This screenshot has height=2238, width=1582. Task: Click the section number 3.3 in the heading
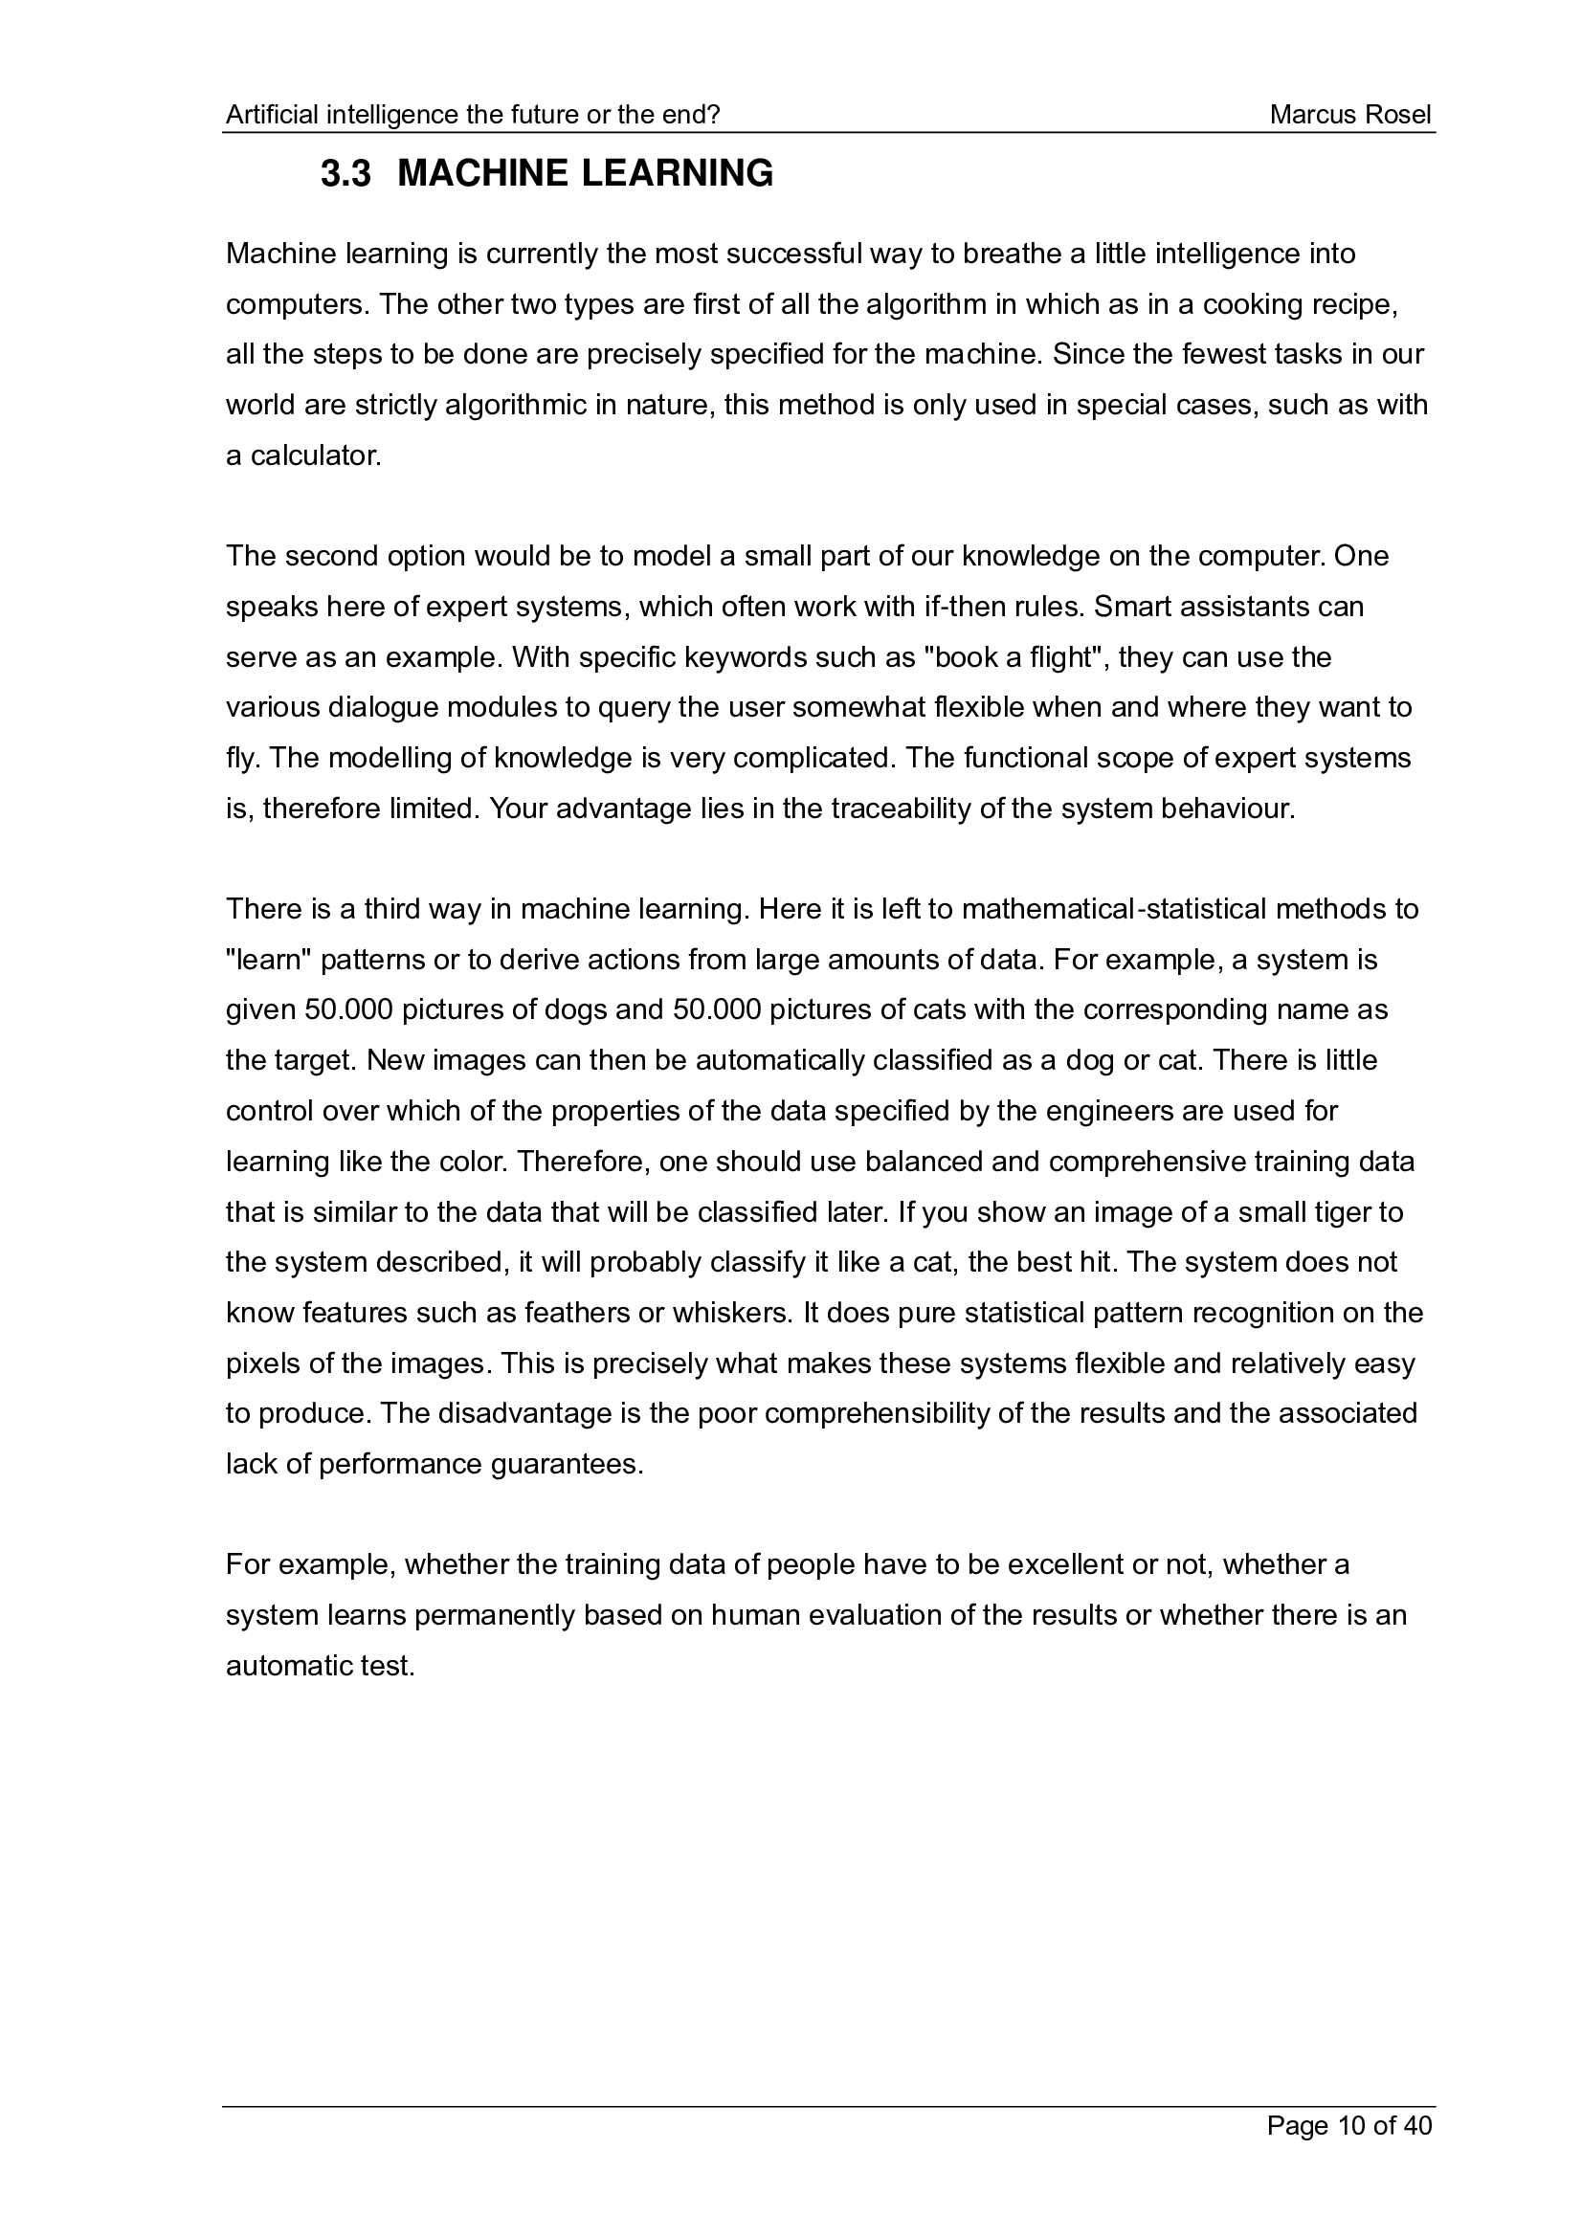tap(346, 173)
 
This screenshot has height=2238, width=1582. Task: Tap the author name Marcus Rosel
tap(1350, 115)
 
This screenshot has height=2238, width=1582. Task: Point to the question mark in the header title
tap(714, 115)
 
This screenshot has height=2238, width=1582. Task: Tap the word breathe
tap(1012, 255)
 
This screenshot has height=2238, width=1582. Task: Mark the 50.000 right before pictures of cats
tap(717, 1009)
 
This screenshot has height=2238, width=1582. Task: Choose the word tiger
tap(1348, 1212)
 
